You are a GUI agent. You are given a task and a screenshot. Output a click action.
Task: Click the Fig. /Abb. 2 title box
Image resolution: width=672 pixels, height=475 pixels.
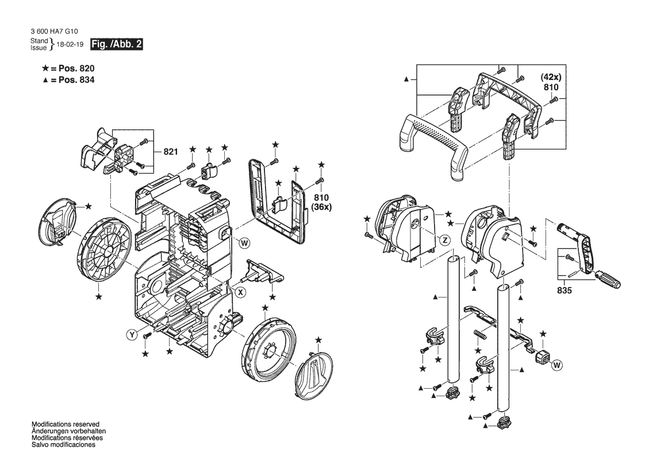click(116, 44)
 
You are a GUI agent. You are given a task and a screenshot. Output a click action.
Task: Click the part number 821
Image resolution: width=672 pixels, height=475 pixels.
click(171, 152)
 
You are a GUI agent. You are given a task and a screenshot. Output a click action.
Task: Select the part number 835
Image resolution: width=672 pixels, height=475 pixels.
click(565, 290)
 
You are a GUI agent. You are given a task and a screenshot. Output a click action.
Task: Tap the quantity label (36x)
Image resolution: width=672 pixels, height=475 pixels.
click(321, 207)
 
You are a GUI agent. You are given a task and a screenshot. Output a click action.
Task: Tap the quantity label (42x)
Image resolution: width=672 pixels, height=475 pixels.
click(551, 77)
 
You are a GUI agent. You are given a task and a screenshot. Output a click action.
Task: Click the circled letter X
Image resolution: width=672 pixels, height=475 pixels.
click(241, 292)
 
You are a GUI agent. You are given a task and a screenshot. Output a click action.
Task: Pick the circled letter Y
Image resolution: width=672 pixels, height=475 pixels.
click(132, 335)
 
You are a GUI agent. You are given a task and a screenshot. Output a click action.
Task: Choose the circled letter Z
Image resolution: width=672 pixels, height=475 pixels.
click(446, 240)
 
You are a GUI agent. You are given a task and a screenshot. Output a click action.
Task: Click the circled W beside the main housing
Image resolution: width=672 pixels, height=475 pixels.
click(244, 243)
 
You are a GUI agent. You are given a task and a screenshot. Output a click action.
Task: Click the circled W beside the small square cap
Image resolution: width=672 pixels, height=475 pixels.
click(556, 365)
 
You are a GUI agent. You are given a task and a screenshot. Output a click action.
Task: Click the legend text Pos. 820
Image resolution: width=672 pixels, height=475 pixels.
click(76, 68)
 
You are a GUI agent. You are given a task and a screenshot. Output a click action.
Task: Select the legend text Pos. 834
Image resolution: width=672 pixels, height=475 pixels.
click(76, 80)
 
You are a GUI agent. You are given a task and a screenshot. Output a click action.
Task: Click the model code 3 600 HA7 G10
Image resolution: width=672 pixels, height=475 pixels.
click(55, 31)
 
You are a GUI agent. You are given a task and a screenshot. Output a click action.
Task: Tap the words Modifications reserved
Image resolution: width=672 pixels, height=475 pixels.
click(66, 424)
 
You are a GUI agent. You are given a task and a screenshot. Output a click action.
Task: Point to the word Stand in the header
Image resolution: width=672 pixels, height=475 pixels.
click(39, 41)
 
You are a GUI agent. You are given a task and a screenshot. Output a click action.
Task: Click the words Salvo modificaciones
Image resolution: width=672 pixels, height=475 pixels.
click(63, 445)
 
